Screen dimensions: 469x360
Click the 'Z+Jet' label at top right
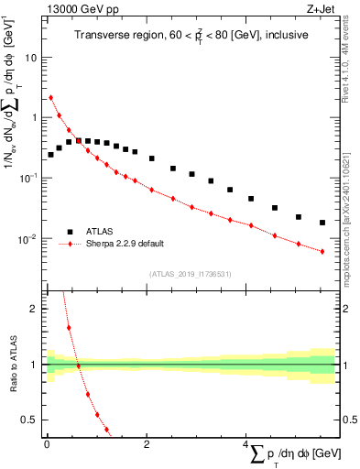[320, 10]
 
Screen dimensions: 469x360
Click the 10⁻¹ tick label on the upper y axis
[30, 179]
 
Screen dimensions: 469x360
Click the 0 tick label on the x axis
[47, 444]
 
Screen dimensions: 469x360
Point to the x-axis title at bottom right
[292, 454]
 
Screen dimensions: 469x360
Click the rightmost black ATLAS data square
[322, 223]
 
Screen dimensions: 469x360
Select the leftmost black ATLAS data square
[50, 155]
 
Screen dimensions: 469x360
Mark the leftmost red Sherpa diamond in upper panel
[50, 97]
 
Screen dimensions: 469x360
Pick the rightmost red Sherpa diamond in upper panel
[322, 251]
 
